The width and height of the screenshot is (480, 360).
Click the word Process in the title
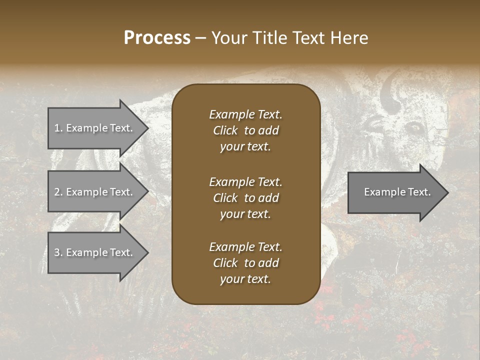click(157, 38)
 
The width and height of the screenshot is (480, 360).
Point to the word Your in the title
click(227, 38)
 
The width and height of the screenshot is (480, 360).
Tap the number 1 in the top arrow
click(57, 128)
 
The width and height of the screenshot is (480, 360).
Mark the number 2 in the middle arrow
click(57, 192)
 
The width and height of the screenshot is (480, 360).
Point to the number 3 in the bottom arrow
click(57, 252)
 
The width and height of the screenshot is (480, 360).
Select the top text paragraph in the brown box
click(245, 130)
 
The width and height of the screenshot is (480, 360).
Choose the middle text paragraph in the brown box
click(245, 197)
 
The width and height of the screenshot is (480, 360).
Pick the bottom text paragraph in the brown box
click(245, 263)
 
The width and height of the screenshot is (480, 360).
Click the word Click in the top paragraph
click(225, 130)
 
